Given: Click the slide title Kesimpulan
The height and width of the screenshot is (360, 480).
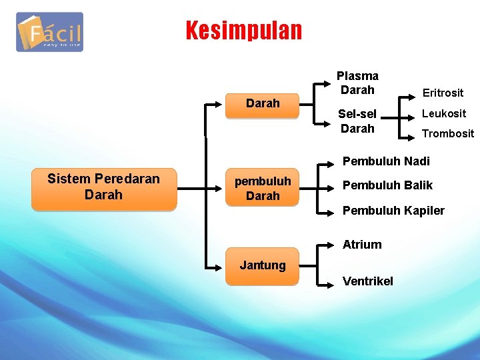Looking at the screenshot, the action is pos(243,31).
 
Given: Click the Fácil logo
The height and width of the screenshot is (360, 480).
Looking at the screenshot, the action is pos(50,32).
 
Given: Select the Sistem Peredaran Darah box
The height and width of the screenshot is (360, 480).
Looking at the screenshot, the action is pos(103,187).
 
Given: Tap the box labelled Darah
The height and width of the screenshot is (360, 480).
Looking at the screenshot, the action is pos(263,103).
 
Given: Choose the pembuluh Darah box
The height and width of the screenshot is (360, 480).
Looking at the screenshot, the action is pos(263,189).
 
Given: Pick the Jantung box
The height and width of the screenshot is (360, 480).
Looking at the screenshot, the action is pos(263,265).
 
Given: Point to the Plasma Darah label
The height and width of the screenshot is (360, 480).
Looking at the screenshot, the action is pos(357,83).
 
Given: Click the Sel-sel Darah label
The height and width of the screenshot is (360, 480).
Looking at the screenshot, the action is pos(357,121).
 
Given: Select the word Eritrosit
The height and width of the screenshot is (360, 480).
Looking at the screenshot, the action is pos(442,93).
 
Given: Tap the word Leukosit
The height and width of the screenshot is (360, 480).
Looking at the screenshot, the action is pos(443,113).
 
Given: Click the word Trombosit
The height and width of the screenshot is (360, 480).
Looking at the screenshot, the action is pos(447,133).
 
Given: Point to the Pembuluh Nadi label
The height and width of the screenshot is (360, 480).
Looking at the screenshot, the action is pos(386,161).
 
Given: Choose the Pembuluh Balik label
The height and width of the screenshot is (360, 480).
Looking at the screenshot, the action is pos(387,185).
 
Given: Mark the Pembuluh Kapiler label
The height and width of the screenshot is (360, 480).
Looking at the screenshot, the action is pos(393,211).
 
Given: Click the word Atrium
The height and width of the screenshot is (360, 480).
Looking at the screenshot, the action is pos(362,245).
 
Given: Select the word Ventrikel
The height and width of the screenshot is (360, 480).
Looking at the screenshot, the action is pos(368,281).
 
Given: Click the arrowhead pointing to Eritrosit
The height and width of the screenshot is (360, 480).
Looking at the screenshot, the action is pos(411,96).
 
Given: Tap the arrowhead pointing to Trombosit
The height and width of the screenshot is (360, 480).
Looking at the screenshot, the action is pos(411,139).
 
